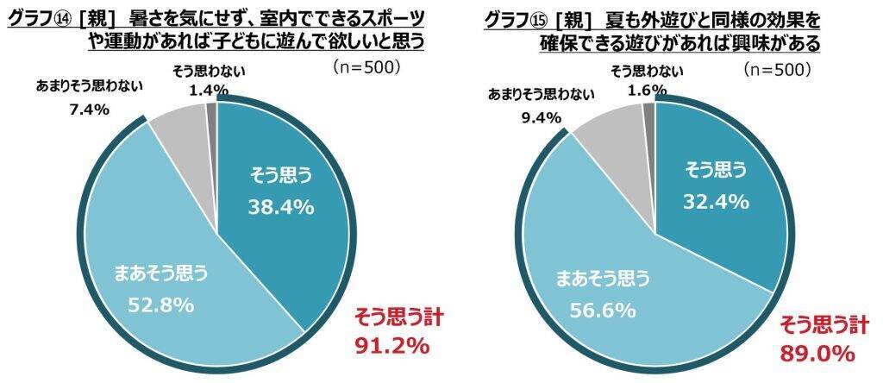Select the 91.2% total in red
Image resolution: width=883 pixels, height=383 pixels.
pyautogui.click(x=391, y=347)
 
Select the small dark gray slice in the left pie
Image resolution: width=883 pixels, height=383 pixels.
pyautogui.click(x=212, y=110)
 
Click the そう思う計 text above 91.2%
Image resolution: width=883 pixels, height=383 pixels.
pyautogui.click(x=391, y=318)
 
